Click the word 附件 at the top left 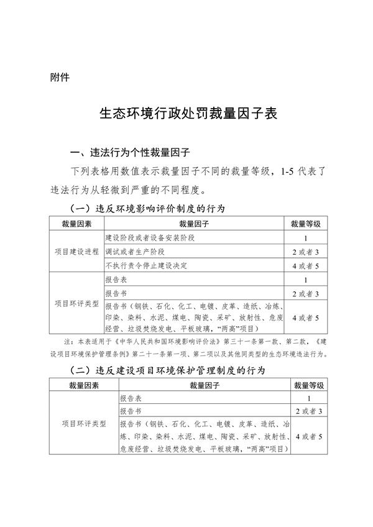coord(60,79)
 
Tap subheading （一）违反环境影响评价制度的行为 coord(147,207)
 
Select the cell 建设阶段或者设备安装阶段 coord(150,238)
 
